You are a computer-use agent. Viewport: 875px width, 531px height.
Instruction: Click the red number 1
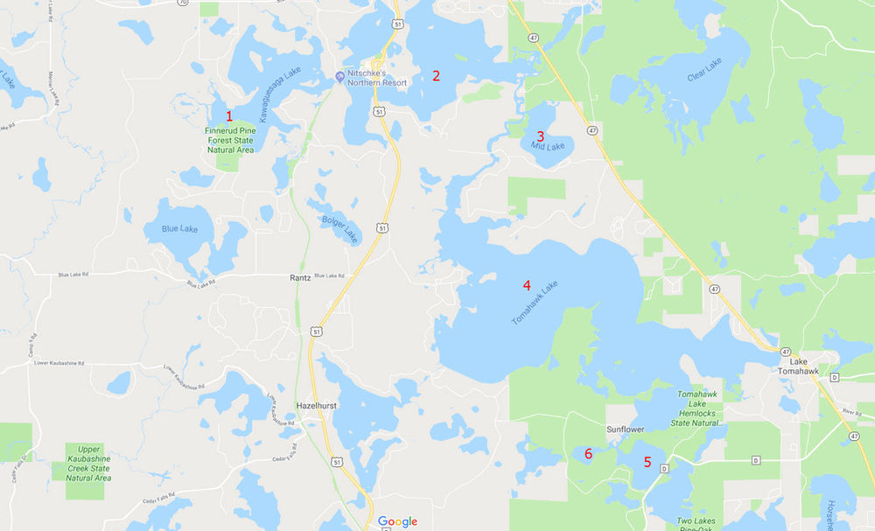point(229,115)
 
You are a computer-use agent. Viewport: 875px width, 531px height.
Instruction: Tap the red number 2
point(436,75)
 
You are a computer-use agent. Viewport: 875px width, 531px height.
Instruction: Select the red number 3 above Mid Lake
point(540,136)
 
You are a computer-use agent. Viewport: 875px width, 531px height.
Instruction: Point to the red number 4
point(527,284)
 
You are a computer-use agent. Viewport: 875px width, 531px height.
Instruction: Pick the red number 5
point(647,461)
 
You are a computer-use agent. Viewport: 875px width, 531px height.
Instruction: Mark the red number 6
point(589,453)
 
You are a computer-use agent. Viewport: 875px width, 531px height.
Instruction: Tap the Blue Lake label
point(179,229)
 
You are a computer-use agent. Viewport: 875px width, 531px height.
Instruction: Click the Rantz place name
point(300,278)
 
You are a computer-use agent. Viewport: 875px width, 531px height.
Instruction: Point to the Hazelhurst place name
point(317,406)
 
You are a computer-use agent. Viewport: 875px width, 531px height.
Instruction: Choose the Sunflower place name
point(626,430)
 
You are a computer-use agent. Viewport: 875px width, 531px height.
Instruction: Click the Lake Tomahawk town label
point(798,367)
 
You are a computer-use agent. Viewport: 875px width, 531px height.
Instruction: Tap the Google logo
point(397,521)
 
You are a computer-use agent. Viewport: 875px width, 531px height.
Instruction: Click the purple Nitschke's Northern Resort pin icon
point(339,75)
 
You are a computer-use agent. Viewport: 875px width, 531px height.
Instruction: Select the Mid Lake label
point(549,146)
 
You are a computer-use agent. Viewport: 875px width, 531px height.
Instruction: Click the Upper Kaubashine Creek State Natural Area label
point(88,464)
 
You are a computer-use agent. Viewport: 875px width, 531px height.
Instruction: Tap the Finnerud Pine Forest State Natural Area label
point(229,140)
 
